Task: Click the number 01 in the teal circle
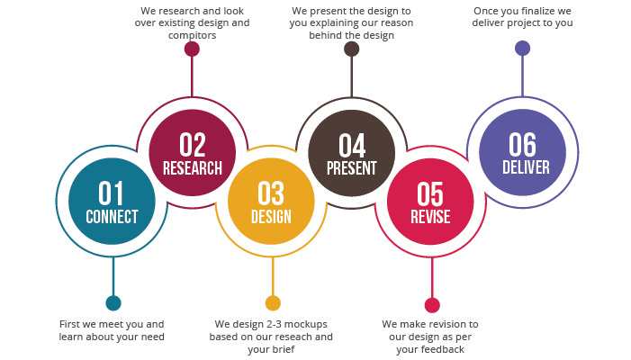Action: pyautogui.click(x=111, y=193)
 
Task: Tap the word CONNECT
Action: pyautogui.click(x=112, y=217)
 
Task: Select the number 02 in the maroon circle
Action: pyautogui.click(x=193, y=145)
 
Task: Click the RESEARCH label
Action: pyautogui.click(x=193, y=168)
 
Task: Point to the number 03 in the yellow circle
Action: pyautogui.click(x=271, y=193)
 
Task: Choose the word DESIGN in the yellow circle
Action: pyautogui.click(x=271, y=217)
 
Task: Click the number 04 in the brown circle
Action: pyautogui.click(x=352, y=145)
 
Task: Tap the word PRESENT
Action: pyautogui.click(x=352, y=168)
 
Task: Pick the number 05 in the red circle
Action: pyautogui.click(x=430, y=193)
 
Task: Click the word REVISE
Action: pyautogui.click(x=430, y=217)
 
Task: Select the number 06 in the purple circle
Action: pyautogui.click(x=522, y=144)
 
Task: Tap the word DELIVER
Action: pyautogui.click(x=526, y=167)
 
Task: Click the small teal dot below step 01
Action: pyautogui.click(x=113, y=303)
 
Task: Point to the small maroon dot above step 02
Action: pyautogui.click(x=192, y=49)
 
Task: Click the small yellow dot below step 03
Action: pyautogui.click(x=273, y=303)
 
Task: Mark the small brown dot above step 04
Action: pyautogui.click(x=352, y=49)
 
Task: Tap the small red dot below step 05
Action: pyautogui.click(x=432, y=305)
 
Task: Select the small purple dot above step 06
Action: pyautogui.click(x=522, y=49)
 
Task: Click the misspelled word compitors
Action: pyautogui.click(x=193, y=35)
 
